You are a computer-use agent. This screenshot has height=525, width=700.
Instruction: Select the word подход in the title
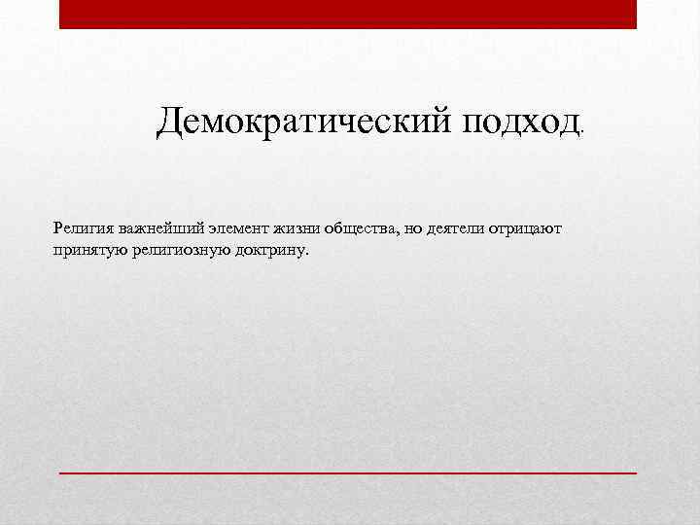pyautogui.click(x=521, y=122)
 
